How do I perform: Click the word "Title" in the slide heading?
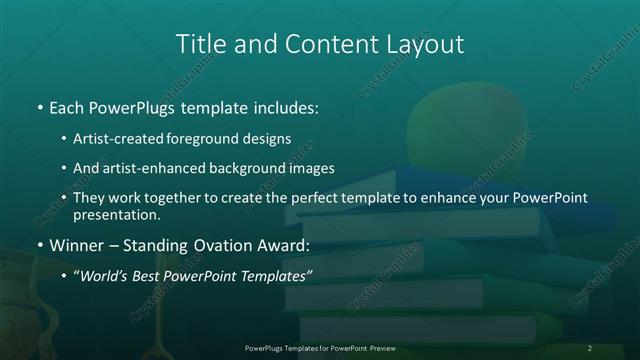199,44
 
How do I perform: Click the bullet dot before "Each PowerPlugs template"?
39,105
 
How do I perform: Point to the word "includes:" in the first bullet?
285,105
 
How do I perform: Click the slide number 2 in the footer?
589,348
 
